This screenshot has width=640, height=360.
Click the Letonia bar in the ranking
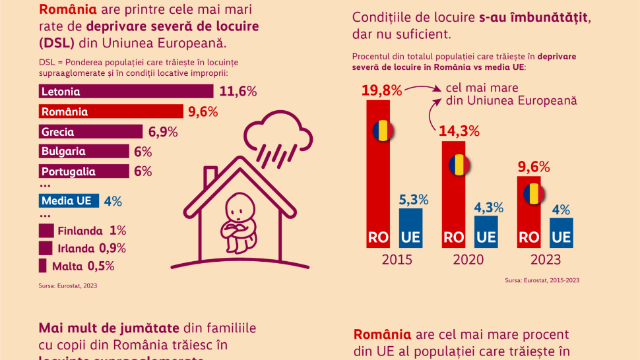125,92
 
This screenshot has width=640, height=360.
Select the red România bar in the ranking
111,111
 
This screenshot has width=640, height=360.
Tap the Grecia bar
90,132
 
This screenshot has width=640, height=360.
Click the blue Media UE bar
69,200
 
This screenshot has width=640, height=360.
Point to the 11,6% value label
238,92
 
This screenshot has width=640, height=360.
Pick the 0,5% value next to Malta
102,266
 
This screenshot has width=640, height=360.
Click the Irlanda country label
79,248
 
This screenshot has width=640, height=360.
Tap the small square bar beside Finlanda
46,231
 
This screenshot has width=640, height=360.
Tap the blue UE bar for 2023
561,232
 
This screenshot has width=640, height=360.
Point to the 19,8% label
381,90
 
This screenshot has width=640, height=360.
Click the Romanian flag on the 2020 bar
459,164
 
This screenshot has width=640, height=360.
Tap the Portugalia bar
84,171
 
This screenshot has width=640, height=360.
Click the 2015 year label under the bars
397,259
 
